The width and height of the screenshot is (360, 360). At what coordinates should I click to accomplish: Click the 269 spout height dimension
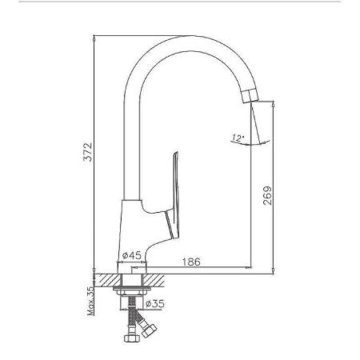click(x=267, y=195)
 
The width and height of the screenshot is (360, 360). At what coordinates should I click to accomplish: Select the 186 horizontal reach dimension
click(x=191, y=261)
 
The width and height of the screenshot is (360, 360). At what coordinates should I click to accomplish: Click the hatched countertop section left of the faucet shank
click(x=103, y=278)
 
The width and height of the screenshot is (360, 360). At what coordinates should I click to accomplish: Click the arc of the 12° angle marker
click(x=253, y=142)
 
